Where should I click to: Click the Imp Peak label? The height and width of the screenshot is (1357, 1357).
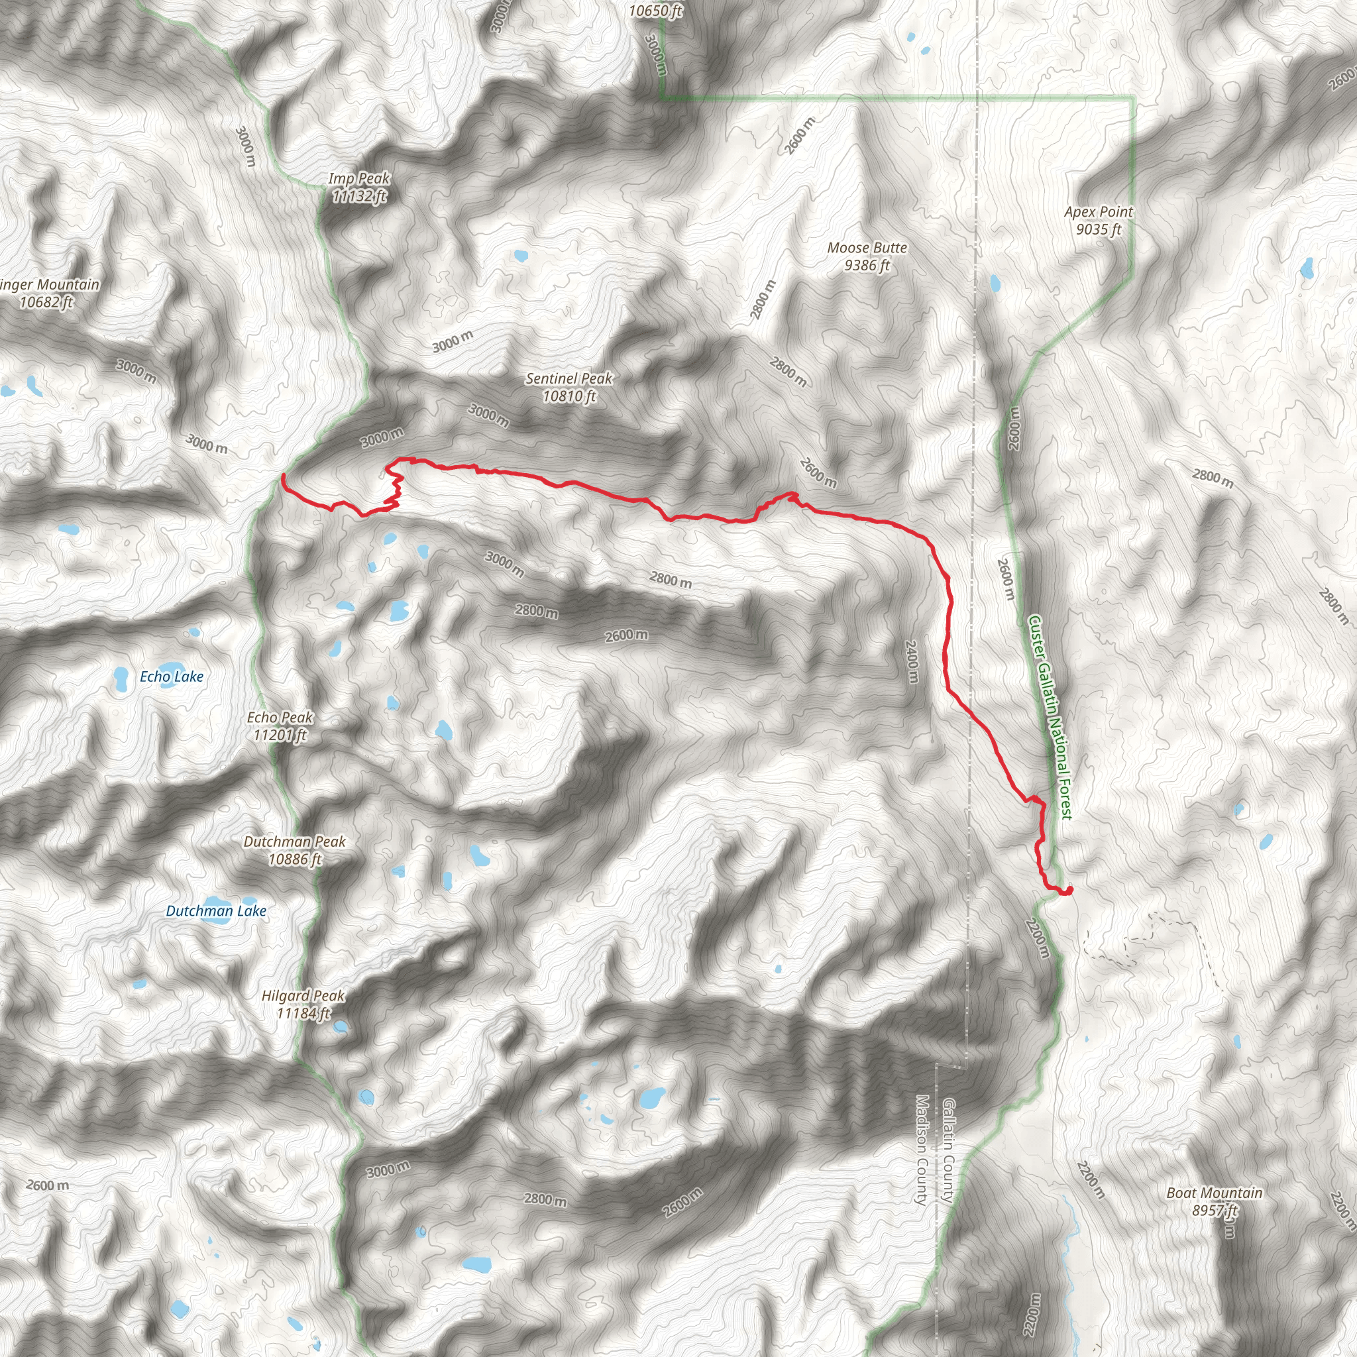359,179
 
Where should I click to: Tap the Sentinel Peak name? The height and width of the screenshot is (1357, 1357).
569,378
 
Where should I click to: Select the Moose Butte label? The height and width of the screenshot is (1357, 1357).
867,248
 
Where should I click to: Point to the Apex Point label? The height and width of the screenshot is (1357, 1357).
1099,211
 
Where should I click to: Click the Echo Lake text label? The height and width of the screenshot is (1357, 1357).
172,677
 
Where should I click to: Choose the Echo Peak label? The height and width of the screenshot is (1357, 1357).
280,717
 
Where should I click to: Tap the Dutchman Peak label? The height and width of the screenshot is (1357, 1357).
294,841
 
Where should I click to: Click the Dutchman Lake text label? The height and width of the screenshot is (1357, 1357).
215,911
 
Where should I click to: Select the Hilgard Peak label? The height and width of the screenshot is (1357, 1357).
303,995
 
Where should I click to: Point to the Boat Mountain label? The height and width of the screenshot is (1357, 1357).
1215,1193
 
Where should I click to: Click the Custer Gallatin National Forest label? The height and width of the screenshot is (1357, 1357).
1050,717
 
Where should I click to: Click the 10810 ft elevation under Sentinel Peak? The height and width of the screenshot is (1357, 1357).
569,397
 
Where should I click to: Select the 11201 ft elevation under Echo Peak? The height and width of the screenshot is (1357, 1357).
280,735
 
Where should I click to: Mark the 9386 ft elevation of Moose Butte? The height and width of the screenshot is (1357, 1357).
867,266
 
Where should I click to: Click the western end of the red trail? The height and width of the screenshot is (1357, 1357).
283,476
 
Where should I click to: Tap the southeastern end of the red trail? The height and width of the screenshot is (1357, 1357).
1068,891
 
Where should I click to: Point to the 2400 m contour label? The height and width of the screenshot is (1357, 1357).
911,661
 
